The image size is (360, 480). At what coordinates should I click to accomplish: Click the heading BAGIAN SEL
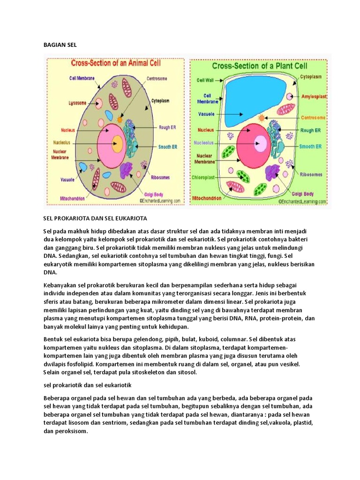tap(59, 45)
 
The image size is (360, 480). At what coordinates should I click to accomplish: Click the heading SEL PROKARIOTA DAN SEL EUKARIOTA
tap(96, 219)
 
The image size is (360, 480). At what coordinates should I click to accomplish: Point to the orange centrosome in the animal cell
tap(120, 120)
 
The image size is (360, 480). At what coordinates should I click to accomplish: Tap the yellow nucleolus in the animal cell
tap(117, 143)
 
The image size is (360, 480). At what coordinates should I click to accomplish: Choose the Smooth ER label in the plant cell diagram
tap(310, 146)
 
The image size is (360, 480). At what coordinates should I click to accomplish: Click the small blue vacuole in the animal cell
tap(83, 166)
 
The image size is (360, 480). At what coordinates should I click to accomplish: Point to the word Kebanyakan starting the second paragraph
tap(60, 285)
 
